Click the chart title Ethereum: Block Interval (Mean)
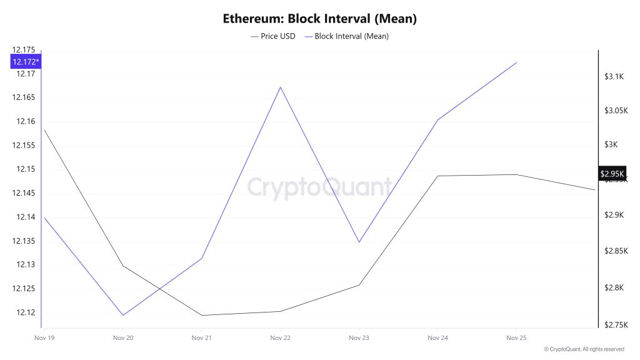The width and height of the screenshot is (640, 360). [319, 19]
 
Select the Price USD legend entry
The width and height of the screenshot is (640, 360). [273, 36]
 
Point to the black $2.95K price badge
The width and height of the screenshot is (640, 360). [611, 174]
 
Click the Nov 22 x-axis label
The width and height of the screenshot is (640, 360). [280, 338]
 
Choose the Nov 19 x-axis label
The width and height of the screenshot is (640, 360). [44, 338]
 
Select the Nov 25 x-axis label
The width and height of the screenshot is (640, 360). [516, 338]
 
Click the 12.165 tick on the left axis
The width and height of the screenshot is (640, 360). [23, 97]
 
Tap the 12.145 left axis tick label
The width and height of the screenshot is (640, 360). [23, 193]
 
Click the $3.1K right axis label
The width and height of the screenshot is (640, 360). [614, 77]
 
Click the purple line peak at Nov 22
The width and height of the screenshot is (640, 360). [280, 87]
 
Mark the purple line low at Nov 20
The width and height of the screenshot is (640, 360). [122, 315]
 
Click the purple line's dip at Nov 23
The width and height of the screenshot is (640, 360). [359, 242]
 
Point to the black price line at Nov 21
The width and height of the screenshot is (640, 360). [201, 315]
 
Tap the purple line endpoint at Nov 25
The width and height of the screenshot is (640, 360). [516, 62]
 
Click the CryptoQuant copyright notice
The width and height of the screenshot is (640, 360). [583, 349]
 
